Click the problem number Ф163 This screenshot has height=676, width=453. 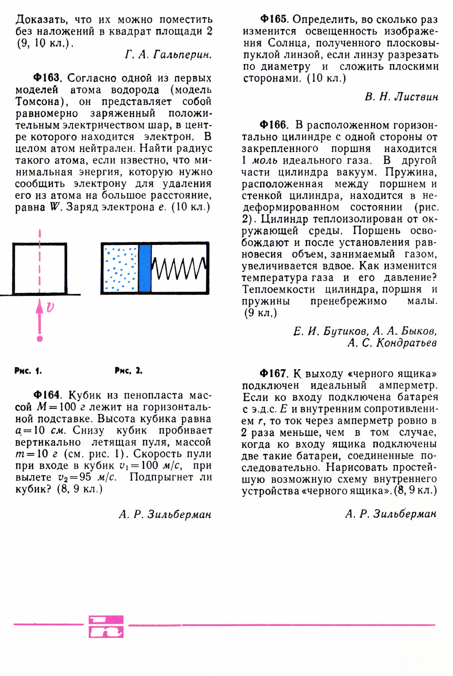point(46,78)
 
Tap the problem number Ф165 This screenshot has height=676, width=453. point(274,19)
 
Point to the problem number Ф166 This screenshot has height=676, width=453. point(274,125)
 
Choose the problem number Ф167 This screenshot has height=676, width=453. point(274,374)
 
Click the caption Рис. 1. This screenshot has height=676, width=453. point(28,371)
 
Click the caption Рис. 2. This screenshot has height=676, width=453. point(128,371)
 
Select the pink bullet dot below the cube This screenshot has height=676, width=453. point(40,339)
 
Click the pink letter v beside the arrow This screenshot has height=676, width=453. point(50,308)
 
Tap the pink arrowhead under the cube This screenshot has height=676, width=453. point(40,306)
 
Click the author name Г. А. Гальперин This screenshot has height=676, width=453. point(168,55)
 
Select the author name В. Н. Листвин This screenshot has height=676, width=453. point(401,97)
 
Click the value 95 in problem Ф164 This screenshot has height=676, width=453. point(85,477)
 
